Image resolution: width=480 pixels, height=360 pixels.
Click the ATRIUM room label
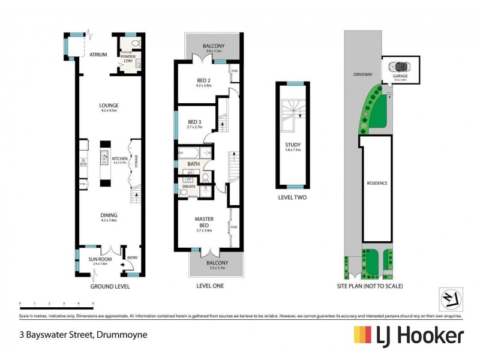point(98,55)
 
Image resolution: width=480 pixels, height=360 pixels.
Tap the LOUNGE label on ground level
point(109,106)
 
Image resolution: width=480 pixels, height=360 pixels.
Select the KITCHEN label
point(121,159)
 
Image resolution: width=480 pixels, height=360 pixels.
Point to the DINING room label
point(109,215)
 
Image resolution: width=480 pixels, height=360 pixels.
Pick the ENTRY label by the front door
point(133,258)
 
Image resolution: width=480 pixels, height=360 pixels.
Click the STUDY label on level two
point(293,145)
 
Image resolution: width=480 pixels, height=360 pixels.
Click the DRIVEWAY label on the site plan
point(364,74)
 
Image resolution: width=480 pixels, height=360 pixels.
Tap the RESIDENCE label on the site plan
point(376,183)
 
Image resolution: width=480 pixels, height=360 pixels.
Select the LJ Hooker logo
point(408,335)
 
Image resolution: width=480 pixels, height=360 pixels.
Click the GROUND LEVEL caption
point(110,286)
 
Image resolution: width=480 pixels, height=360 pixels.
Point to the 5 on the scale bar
point(92,303)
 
